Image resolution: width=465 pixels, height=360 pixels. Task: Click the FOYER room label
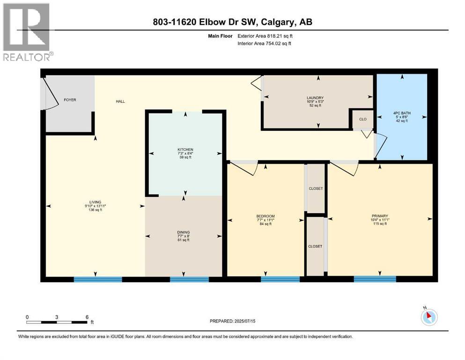tap(69, 100)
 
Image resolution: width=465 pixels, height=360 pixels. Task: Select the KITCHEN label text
tap(185, 150)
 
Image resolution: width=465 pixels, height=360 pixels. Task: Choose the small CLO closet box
tap(362, 119)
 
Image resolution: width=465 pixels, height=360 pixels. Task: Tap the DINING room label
tap(183, 232)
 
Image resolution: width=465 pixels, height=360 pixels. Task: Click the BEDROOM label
tap(265, 216)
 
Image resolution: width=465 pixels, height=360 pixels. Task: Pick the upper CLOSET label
tap(315, 188)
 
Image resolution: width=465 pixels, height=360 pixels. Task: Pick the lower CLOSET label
tap(315, 246)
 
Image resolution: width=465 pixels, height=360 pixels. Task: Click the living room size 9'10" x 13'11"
tap(95, 206)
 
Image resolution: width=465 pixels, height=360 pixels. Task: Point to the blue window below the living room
tap(98, 279)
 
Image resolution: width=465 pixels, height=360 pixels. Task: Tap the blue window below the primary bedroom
tap(375, 279)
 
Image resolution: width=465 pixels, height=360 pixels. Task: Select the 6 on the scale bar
tap(87, 317)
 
